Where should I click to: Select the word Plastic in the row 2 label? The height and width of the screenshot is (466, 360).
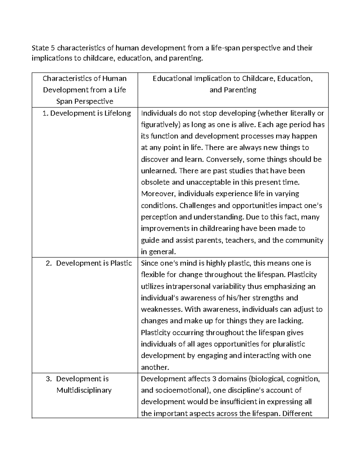pos(121,263)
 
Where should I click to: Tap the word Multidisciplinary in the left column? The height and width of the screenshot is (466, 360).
pos(84,390)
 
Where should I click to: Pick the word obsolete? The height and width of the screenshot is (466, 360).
pos(155,182)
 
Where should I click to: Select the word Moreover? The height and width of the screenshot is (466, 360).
pos(158,194)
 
